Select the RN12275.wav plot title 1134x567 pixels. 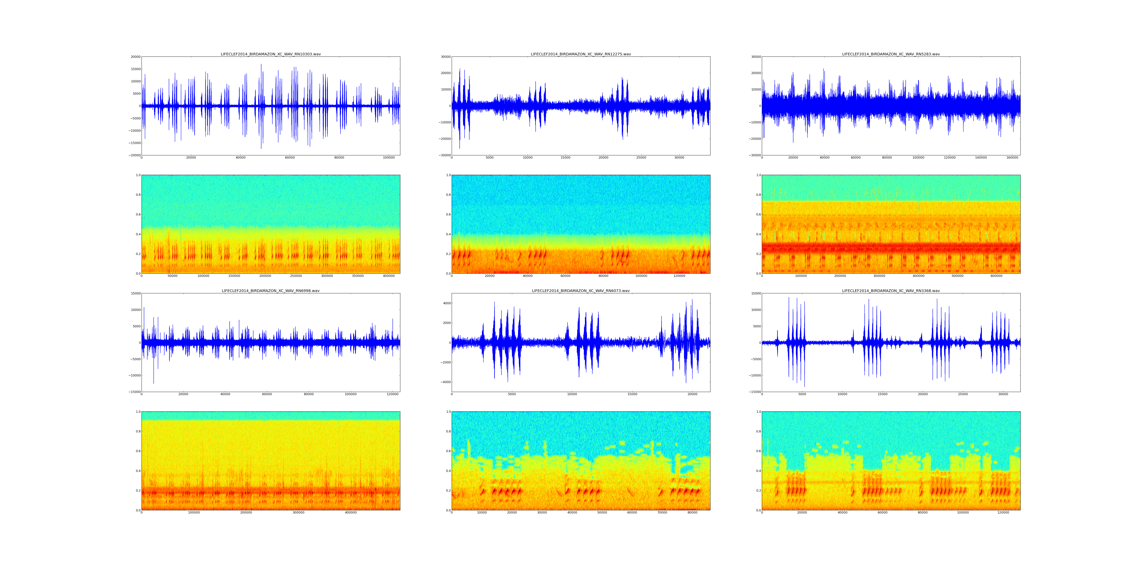tap(581, 54)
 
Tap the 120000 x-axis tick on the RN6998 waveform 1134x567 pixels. tap(393, 394)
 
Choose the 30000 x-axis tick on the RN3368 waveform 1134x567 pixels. tap(1003, 394)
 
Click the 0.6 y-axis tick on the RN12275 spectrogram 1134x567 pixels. tap(447, 214)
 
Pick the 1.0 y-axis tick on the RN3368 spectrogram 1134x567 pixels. tap(758, 412)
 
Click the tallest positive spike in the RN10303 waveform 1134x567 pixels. tap(261, 65)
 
